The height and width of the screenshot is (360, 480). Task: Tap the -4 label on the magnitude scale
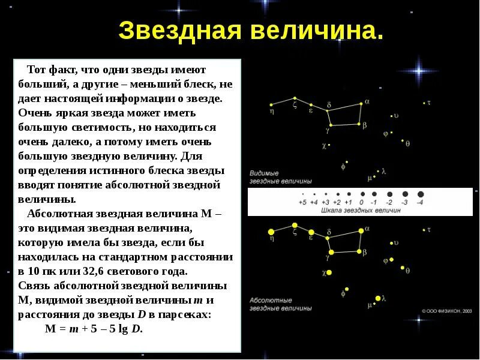tap(420, 203)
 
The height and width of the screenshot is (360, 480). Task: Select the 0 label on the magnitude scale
tap(362, 203)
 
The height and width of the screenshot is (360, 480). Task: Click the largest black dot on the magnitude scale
tap(420, 194)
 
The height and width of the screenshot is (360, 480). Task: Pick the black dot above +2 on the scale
tap(338, 194)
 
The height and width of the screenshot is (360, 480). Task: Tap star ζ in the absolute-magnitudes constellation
tap(295, 226)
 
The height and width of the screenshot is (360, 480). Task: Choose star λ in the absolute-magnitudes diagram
tap(378, 298)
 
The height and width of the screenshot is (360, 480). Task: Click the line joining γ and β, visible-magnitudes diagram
tap(345, 125)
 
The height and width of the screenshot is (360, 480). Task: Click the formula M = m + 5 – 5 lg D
tap(94, 329)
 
